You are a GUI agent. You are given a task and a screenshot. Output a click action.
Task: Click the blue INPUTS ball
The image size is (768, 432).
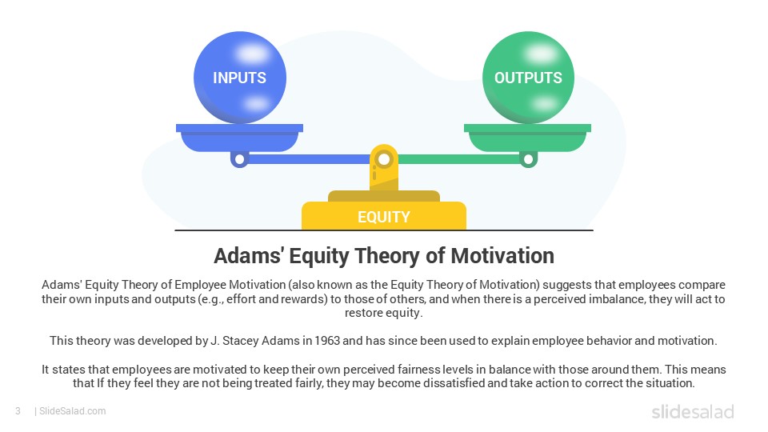pyautogui.click(x=239, y=78)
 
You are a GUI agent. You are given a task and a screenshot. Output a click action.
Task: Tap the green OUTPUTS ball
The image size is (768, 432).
pyautogui.click(x=528, y=78)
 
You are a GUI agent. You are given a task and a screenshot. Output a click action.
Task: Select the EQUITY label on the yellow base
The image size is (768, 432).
pyautogui.click(x=383, y=217)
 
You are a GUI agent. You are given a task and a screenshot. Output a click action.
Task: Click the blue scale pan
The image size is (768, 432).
pyautogui.click(x=239, y=138)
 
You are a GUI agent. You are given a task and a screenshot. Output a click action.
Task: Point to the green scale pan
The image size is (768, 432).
pyautogui.click(x=527, y=138)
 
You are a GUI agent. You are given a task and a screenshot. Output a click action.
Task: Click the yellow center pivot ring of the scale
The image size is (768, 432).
pyautogui.click(x=384, y=158)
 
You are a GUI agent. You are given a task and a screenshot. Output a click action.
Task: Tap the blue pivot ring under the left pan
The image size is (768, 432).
pyautogui.click(x=239, y=159)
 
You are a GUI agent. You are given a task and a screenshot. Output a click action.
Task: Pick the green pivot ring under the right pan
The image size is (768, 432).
pyautogui.click(x=528, y=159)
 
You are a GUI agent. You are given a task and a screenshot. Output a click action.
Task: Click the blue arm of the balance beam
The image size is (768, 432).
pyautogui.click(x=309, y=159)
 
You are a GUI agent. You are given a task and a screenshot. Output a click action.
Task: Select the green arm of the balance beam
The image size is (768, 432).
pyautogui.click(x=459, y=159)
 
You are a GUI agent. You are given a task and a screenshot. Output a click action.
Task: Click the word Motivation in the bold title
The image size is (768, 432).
pyautogui.click(x=502, y=256)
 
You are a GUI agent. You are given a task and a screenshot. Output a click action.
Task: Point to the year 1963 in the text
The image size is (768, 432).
pyautogui.click(x=327, y=341)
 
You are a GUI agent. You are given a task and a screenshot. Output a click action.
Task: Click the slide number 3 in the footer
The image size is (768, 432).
pyautogui.click(x=18, y=411)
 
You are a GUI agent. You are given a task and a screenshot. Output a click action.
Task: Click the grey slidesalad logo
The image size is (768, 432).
pyautogui.click(x=693, y=411)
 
